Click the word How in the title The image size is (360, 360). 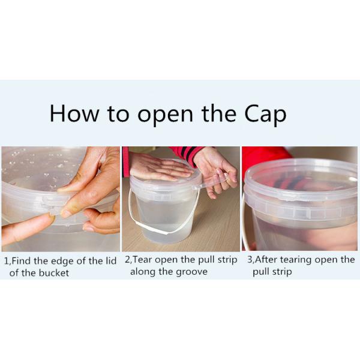coord(74,113)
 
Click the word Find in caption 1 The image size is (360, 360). coord(22,261)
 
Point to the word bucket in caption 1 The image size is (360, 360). coord(54,273)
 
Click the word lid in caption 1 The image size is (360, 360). coord(110,260)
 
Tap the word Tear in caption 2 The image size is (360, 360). coord(142,260)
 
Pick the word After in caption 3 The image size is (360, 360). coord(266,260)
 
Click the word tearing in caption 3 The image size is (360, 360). coord(296,260)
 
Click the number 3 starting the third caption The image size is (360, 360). coord(250,260)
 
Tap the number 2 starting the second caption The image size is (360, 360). coord(127,260)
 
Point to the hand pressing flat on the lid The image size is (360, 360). coord(158,166)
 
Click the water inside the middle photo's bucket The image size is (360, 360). coord(164,218)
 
